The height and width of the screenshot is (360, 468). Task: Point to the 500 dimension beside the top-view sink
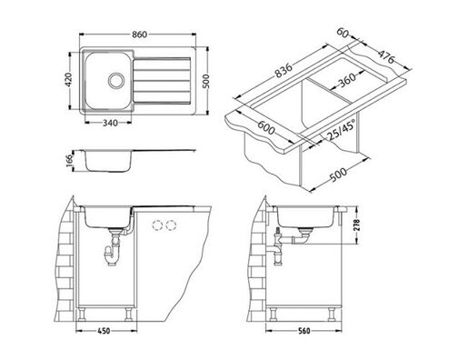[x=208, y=78]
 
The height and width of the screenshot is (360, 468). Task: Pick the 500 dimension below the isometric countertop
[x=339, y=175]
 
